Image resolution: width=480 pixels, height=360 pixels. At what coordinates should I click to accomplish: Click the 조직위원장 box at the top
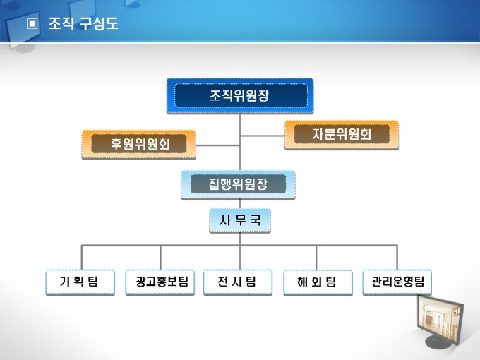coord(239,95)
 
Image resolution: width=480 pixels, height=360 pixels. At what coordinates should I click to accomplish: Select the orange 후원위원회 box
coord(138,144)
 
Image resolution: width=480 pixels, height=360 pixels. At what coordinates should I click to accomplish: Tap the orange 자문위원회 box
coord(341,134)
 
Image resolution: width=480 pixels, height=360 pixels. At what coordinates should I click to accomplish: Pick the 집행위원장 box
coord(239,184)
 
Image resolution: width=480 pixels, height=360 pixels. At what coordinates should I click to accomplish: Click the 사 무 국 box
coord(239,221)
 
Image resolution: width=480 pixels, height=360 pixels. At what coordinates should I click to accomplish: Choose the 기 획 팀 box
coord(80,282)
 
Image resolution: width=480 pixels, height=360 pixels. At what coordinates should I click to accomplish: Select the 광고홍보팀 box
coord(160,282)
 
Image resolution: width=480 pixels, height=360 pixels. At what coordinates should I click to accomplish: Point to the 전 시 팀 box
coord(239,282)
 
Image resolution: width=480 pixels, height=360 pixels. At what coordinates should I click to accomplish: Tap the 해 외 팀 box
coord(317,282)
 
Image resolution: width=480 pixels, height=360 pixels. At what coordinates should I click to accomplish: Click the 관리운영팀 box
coord(397,282)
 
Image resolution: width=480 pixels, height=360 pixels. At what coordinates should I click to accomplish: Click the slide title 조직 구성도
coord(83,25)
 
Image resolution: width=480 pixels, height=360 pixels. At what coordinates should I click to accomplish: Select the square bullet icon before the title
coord(32,24)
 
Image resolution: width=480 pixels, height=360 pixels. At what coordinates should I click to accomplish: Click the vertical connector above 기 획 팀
coord(81,257)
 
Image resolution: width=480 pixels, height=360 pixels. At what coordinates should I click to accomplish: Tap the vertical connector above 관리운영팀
coord(397,257)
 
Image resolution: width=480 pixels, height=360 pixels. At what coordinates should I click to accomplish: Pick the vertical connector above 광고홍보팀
coord(160,257)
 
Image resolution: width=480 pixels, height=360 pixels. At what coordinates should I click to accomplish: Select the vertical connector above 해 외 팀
coord(316,257)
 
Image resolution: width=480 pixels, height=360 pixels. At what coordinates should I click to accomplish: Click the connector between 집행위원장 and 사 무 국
coord(239,203)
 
